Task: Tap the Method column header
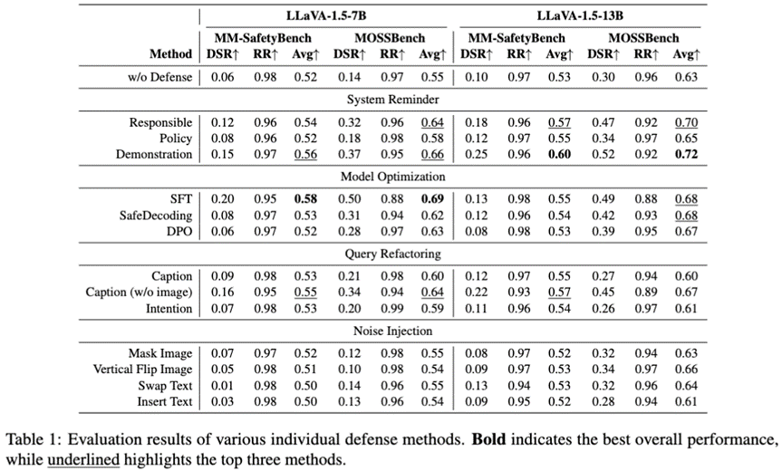(x=169, y=55)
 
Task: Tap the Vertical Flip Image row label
(x=143, y=370)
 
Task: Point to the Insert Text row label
(x=165, y=400)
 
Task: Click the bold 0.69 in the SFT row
(x=432, y=199)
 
